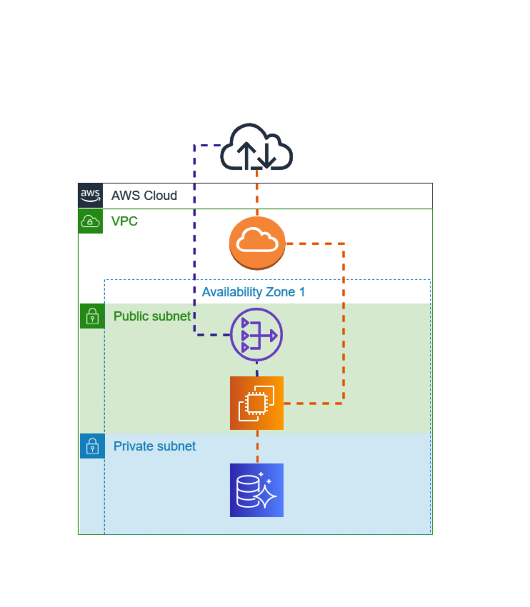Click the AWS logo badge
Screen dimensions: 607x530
(90, 195)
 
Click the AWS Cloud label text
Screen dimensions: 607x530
(144, 196)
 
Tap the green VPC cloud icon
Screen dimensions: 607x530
(90, 221)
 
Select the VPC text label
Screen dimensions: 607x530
(124, 221)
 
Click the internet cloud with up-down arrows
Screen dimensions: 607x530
(256, 147)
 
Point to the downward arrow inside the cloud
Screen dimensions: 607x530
(267, 155)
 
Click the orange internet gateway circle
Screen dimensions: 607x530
(257, 243)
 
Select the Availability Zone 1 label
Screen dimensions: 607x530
(253, 292)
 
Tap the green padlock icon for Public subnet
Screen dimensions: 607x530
(93, 316)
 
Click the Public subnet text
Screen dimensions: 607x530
(152, 316)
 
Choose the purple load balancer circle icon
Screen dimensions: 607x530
(256, 335)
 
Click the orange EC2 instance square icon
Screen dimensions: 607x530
(257, 403)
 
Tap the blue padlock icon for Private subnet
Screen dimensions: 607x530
(93, 446)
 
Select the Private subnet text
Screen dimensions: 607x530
(155, 446)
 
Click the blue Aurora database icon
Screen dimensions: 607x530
(257, 490)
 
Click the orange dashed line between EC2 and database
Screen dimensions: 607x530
(257, 446)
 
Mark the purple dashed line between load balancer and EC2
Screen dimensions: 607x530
(257, 369)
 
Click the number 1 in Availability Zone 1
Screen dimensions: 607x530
(302, 292)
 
